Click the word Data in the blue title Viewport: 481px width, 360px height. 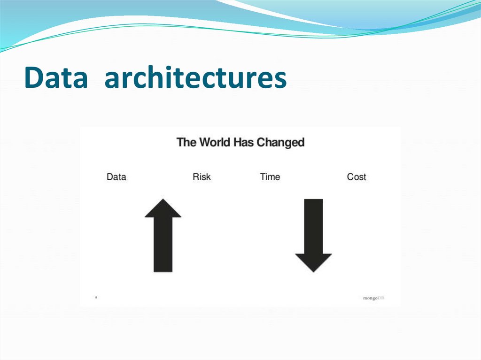55,78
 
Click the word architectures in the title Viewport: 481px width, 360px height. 195,78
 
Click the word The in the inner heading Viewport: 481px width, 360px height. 186,142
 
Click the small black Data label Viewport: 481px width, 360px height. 116,177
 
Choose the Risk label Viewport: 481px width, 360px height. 202,177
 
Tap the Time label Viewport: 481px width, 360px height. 270,177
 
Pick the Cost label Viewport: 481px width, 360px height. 356,177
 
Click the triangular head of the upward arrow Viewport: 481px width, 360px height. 163,209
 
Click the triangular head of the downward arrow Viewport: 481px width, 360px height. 313,262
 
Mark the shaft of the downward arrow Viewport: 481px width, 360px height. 313,225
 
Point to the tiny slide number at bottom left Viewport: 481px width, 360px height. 96,297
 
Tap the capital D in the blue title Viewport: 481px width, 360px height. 33,78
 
